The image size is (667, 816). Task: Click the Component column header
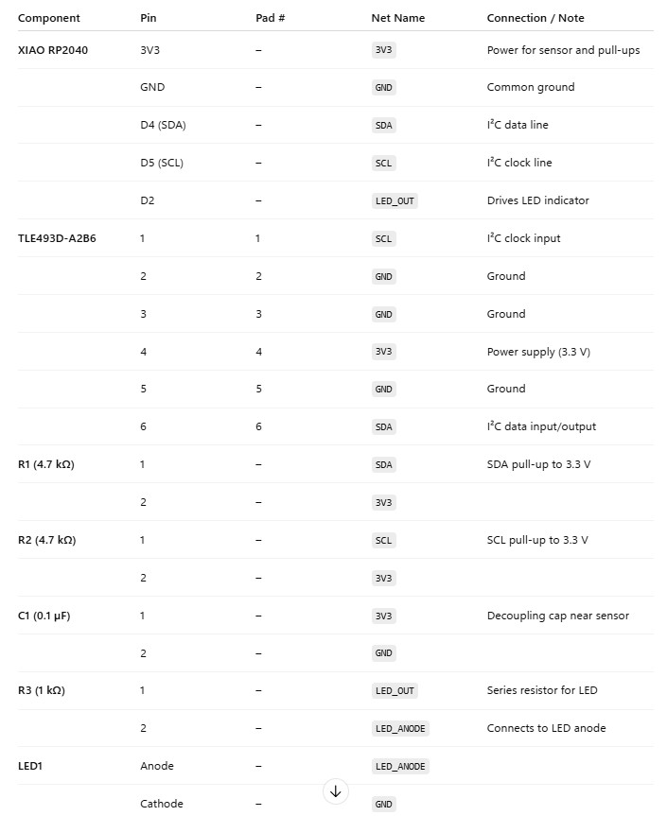49,18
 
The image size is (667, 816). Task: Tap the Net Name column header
397,18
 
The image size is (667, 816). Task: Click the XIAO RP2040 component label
53,50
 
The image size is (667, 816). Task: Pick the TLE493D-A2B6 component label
57,238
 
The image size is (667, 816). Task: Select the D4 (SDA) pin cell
163,125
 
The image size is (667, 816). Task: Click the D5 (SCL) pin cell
162,163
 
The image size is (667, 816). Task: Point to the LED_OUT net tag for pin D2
395,200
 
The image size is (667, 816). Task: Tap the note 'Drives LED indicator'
537,200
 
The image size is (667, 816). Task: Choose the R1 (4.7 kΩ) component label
46,464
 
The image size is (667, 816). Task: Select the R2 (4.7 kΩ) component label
46,540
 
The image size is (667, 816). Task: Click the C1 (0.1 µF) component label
44,616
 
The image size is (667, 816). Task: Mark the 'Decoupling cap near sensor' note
557,616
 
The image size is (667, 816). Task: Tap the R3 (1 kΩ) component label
41,690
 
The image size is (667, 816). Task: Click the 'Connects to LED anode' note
546,728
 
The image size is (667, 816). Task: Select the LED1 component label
30,766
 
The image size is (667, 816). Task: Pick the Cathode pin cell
162,804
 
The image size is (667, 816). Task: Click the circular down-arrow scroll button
335,791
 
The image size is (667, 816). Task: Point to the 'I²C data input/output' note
541,426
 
